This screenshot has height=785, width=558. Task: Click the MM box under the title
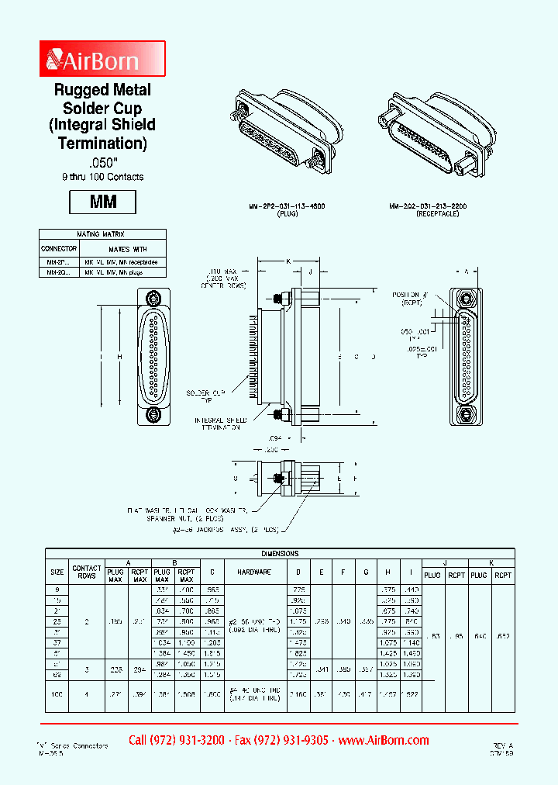(x=103, y=202)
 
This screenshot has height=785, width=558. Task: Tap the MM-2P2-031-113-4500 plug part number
(x=287, y=208)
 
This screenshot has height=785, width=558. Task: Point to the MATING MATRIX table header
(x=102, y=233)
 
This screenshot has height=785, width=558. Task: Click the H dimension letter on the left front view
(x=119, y=356)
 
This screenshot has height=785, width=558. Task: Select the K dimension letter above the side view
(x=288, y=262)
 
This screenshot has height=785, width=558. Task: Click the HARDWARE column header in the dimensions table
(x=253, y=571)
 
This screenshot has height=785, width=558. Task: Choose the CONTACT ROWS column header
(x=87, y=572)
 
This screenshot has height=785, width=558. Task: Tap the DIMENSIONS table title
(x=279, y=554)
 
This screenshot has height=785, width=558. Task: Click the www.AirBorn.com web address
(x=384, y=740)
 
